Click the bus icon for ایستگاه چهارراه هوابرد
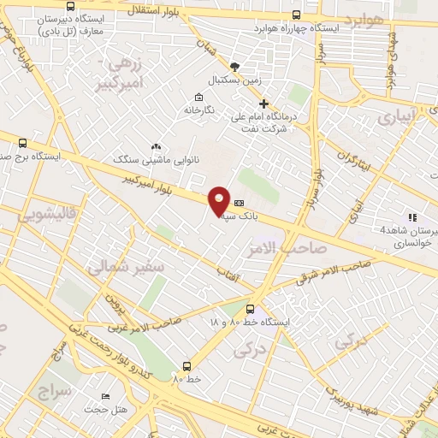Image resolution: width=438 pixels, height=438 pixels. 297,15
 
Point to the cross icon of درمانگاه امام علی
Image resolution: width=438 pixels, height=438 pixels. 263,104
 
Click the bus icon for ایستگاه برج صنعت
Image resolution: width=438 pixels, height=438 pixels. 21,143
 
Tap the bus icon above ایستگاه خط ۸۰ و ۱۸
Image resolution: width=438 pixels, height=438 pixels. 250,309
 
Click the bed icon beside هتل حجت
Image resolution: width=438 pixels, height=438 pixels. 105,396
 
